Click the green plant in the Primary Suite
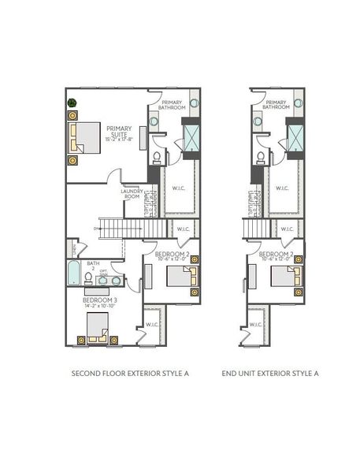pyautogui.click(x=72, y=102)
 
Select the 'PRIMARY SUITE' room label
pyautogui.click(x=120, y=131)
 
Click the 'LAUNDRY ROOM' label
pyautogui.click(x=132, y=193)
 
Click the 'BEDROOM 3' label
pyautogui.click(x=100, y=300)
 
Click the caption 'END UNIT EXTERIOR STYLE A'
pyautogui.click(x=270, y=373)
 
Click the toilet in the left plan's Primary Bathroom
pyautogui.click(x=158, y=158)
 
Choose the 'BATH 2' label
pyautogui.click(x=93, y=266)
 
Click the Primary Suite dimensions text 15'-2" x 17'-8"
pyautogui.click(x=120, y=140)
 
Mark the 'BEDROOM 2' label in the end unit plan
pyautogui.click(x=276, y=255)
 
